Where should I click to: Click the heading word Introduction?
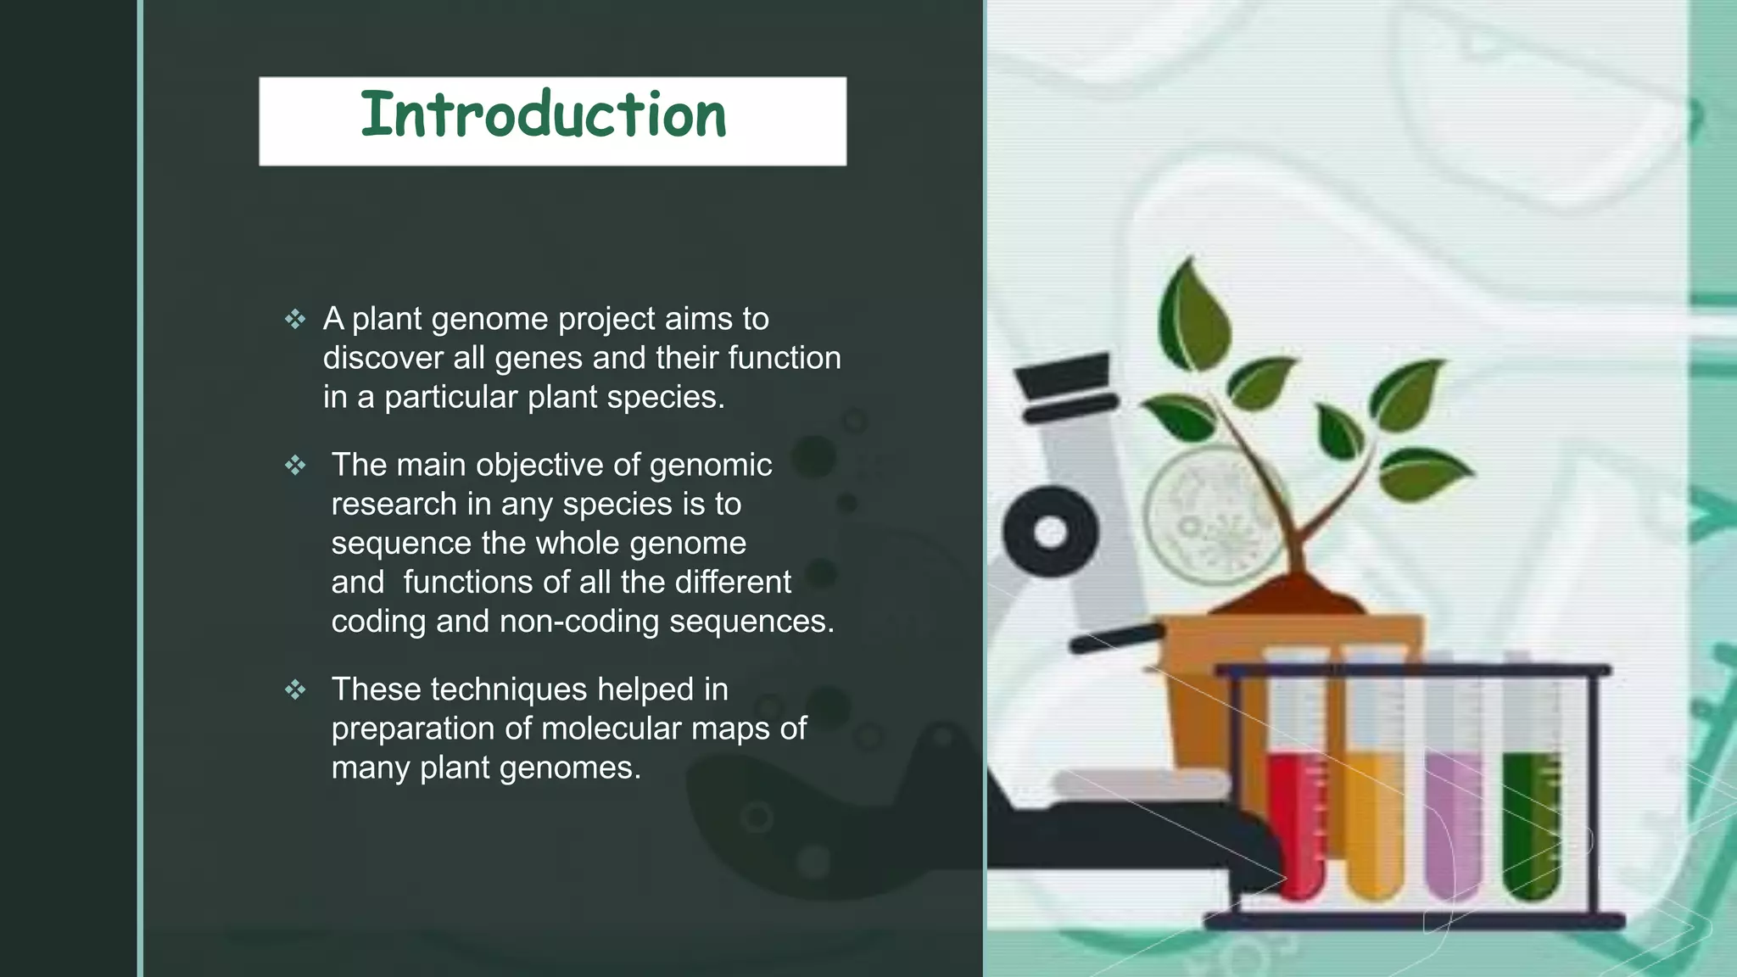point(544,116)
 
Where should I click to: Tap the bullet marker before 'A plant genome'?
point(295,320)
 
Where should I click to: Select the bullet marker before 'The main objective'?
point(295,466)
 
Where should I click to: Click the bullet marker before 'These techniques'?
point(295,689)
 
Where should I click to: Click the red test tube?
point(1296,814)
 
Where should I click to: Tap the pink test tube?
point(1452,814)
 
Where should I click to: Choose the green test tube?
point(1531,814)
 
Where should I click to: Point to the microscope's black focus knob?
point(1051,533)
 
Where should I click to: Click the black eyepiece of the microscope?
point(1064,386)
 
